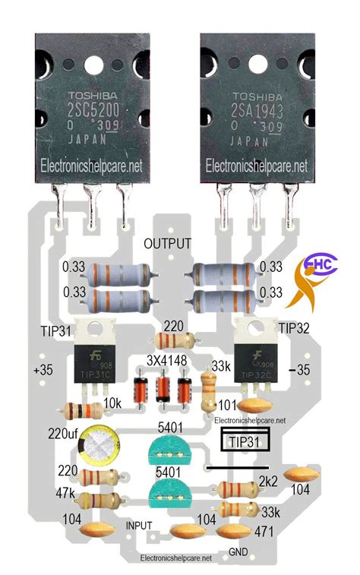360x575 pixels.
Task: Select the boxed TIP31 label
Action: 245,441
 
